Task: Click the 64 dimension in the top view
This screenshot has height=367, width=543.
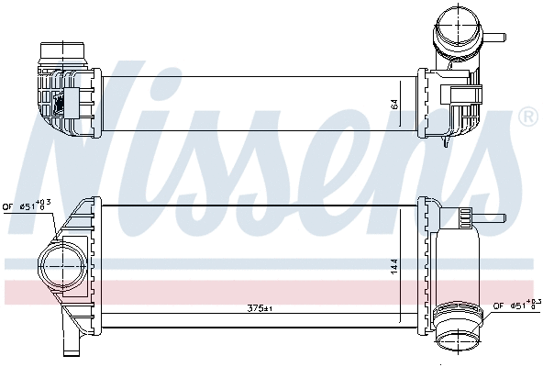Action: point(395,105)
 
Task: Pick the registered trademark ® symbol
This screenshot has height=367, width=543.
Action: point(527,117)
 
